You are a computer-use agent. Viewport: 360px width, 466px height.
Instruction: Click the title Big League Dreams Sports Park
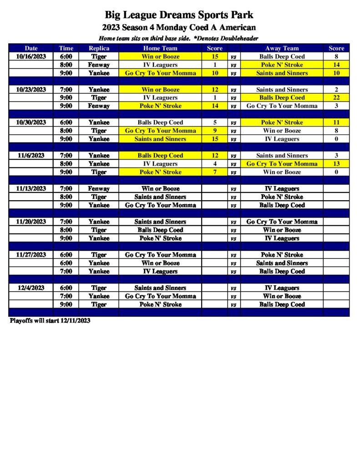(x=179, y=15)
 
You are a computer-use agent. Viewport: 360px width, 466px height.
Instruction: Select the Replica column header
(x=99, y=48)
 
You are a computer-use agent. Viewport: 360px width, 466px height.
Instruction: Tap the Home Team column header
(x=160, y=48)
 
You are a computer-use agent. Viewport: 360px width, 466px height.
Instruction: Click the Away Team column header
(x=282, y=48)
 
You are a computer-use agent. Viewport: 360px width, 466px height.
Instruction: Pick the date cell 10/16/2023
(x=31, y=57)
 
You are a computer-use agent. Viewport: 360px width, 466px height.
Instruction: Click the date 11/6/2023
(x=31, y=156)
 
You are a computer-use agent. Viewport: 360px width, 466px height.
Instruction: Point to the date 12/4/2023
(x=31, y=288)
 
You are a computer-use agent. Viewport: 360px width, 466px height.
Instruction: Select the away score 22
(x=336, y=98)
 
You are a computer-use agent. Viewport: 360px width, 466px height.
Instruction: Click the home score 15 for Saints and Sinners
(x=214, y=139)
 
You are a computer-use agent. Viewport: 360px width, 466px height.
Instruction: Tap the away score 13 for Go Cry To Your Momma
(x=336, y=164)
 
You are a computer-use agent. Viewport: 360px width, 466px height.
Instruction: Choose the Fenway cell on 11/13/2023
(x=99, y=189)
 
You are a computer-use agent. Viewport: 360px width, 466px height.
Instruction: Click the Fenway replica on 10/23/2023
(x=99, y=106)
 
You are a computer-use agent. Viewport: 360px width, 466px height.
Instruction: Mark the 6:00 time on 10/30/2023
(x=66, y=122)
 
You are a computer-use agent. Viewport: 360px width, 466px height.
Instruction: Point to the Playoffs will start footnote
(x=50, y=321)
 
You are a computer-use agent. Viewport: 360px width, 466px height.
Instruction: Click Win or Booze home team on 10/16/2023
(x=160, y=57)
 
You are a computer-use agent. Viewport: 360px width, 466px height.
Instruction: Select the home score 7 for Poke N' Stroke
(x=214, y=172)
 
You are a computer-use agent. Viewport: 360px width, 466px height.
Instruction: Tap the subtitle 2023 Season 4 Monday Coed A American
(x=179, y=28)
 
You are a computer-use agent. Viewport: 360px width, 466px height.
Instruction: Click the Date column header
(x=31, y=48)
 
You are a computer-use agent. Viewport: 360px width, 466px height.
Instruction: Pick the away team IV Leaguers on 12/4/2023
(x=282, y=288)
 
